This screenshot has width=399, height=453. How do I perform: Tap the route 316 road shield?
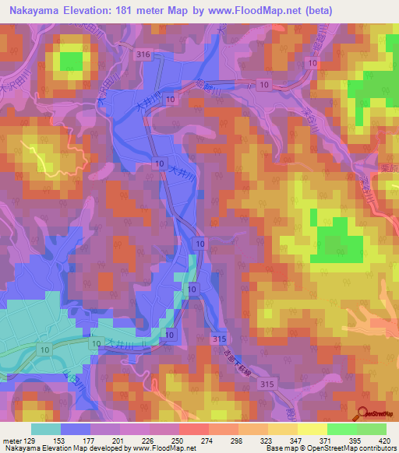coord(142,54)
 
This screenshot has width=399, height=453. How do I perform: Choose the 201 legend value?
coord(119,440)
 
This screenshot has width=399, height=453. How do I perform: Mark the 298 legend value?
coord(238,440)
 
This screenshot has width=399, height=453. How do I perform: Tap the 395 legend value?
coord(356,440)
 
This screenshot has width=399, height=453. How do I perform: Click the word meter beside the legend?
coord(11,440)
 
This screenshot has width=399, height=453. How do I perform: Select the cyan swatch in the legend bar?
coord(46,429)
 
